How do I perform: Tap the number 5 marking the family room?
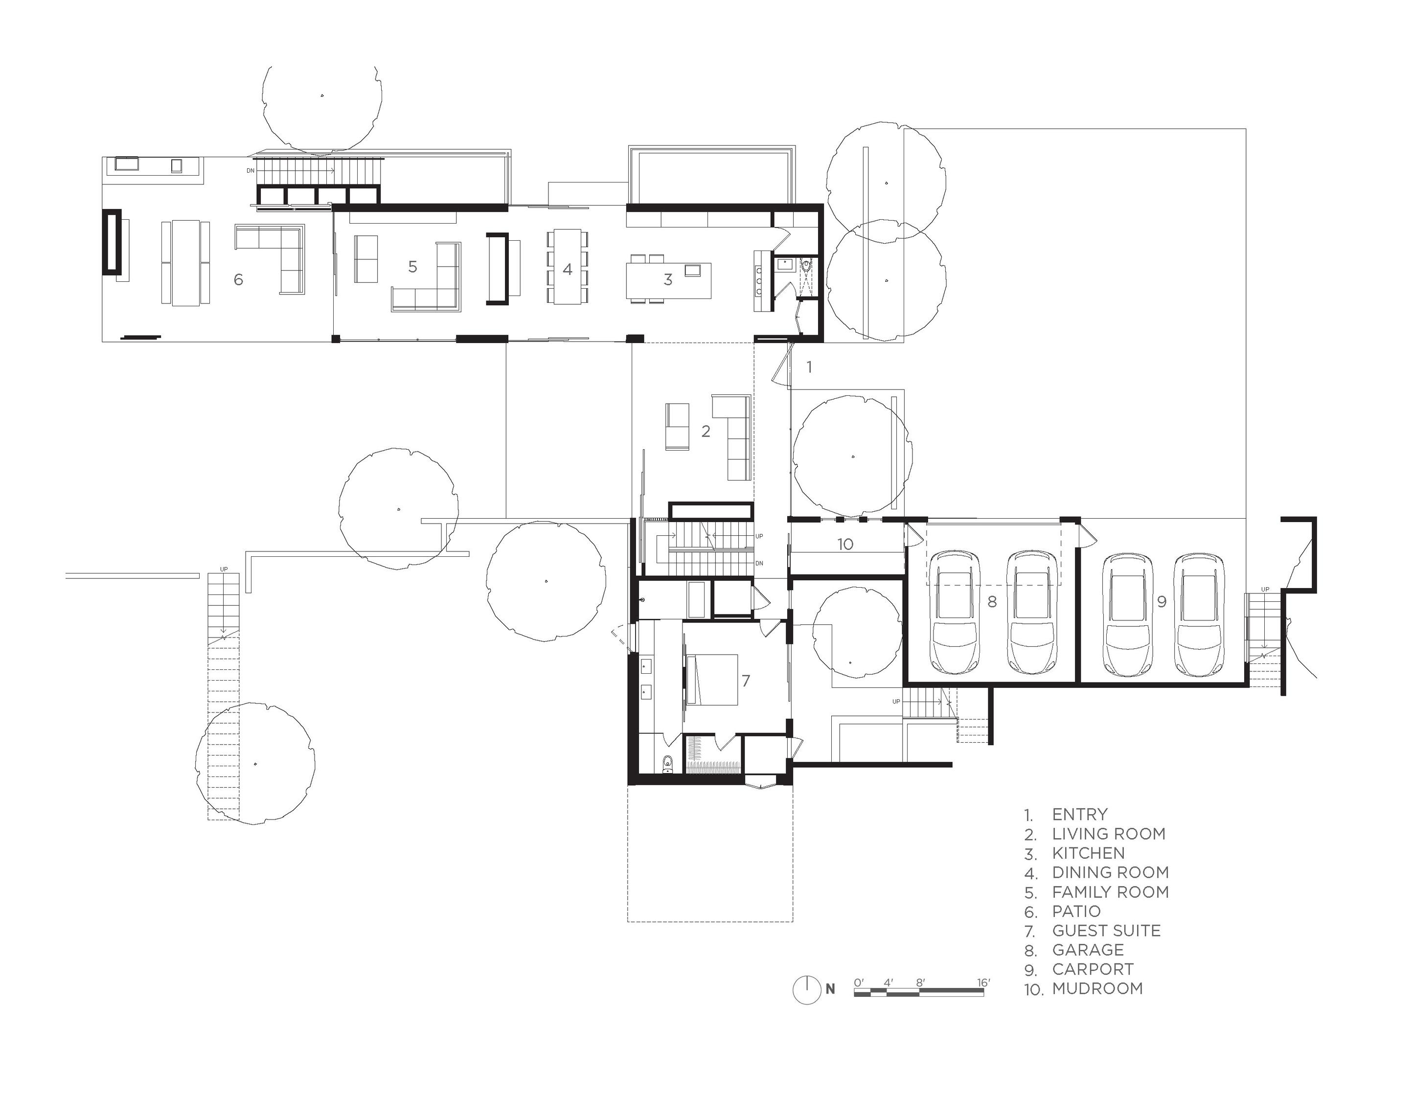click(x=413, y=267)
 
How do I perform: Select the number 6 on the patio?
click(x=238, y=279)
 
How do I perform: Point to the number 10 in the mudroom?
click(x=845, y=544)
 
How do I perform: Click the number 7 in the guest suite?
click(x=746, y=681)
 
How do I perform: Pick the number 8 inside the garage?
click(x=992, y=602)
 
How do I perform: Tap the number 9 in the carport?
click(x=1162, y=602)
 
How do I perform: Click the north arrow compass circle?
click(x=807, y=989)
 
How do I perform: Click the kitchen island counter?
click(x=668, y=280)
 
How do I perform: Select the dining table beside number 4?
click(x=568, y=267)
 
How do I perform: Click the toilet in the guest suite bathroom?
click(x=668, y=765)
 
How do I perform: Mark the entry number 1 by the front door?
click(x=809, y=367)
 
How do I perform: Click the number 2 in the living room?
click(x=706, y=431)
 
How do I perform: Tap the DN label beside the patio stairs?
click(x=251, y=171)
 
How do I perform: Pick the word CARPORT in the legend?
click(x=1093, y=969)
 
